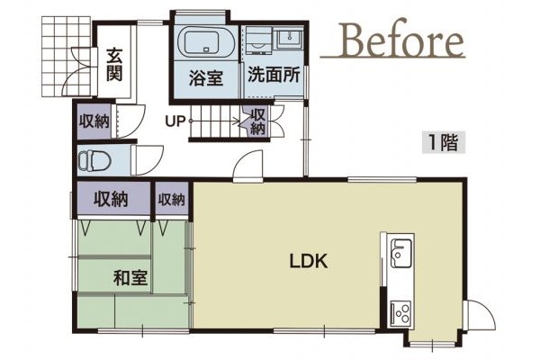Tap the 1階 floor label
click(440, 140)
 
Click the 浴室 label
click(205, 77)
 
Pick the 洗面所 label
click(272, 77)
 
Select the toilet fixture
click(94, 162)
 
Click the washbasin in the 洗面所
click(290, 39)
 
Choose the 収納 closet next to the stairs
click(256, 121)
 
